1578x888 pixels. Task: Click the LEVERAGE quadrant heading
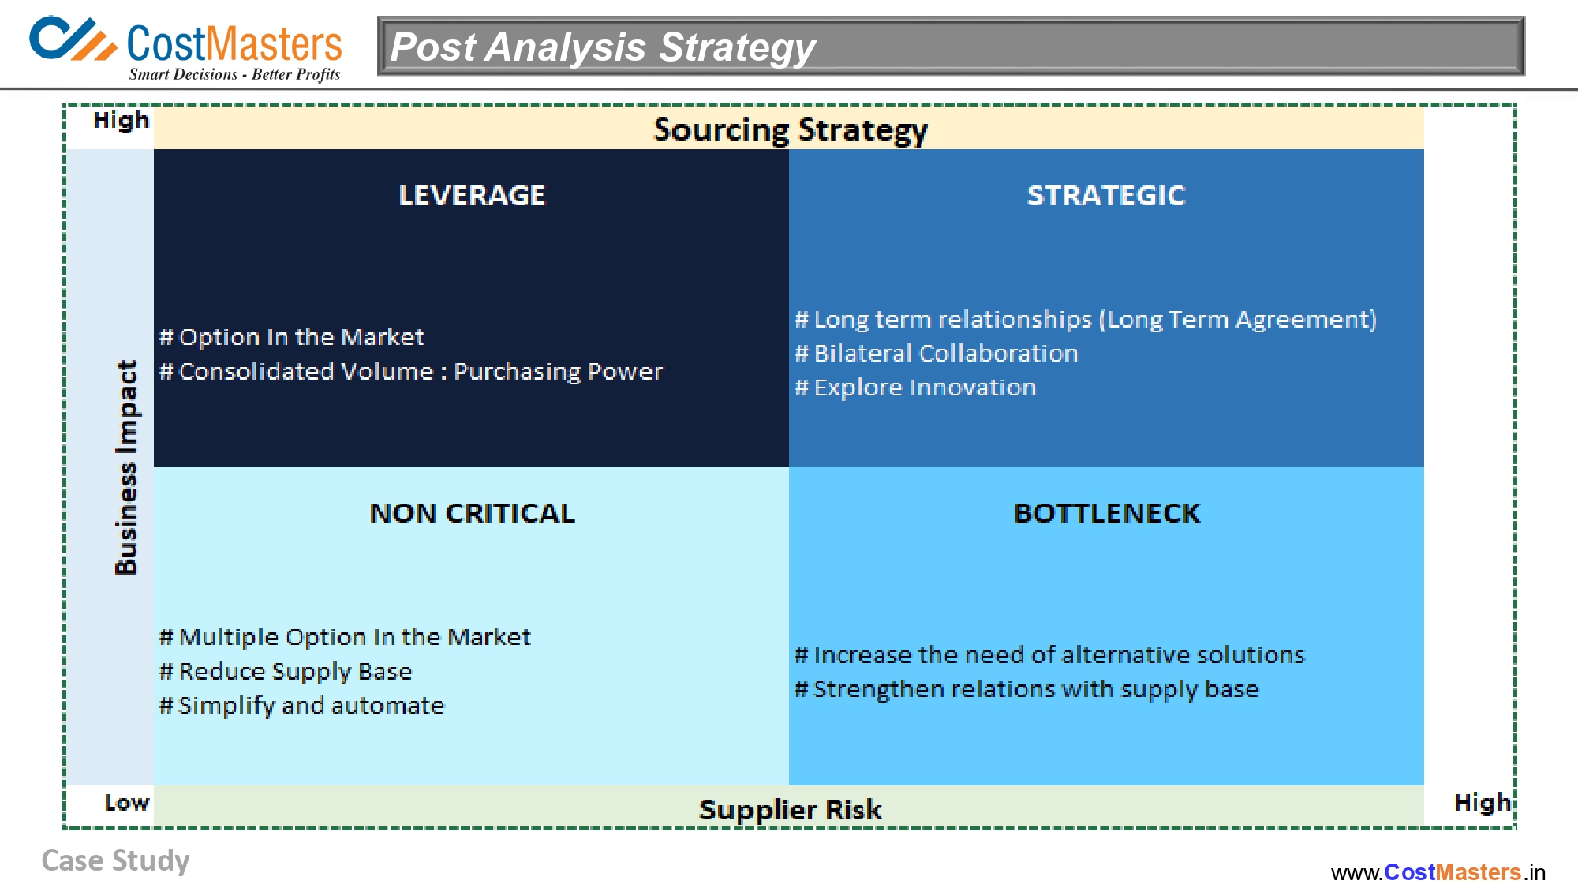[x=472, y=195]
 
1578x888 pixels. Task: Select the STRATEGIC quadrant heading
[x=1105, y=195]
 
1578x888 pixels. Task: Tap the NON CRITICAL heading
[x=472, y=514]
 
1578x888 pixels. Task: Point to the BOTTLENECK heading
[x=1106, y=514]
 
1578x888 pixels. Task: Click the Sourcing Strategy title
[x=790, y=129]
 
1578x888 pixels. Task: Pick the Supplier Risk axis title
[x=790, y=809]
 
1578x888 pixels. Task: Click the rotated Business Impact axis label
[x=126, y=467]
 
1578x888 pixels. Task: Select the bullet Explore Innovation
[x=915, y=388]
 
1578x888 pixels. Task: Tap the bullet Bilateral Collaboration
[x=936, y=353]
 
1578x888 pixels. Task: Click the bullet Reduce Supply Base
[x=286, y=671]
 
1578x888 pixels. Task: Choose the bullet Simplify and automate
[x=302, y=705]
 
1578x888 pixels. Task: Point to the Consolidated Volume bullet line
[x=410, y=371]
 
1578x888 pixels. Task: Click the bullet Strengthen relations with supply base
[x=1026, y=689]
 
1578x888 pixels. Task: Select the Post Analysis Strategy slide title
[x=603, y=47]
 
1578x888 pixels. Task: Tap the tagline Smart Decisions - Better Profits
[x=234, y=74]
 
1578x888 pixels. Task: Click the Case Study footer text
[x=115, y=860]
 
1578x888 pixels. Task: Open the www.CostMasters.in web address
[x=1438, y=872]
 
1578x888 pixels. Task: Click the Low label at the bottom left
[x=126, y=803]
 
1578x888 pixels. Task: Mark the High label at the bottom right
[x=1482, y=803]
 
